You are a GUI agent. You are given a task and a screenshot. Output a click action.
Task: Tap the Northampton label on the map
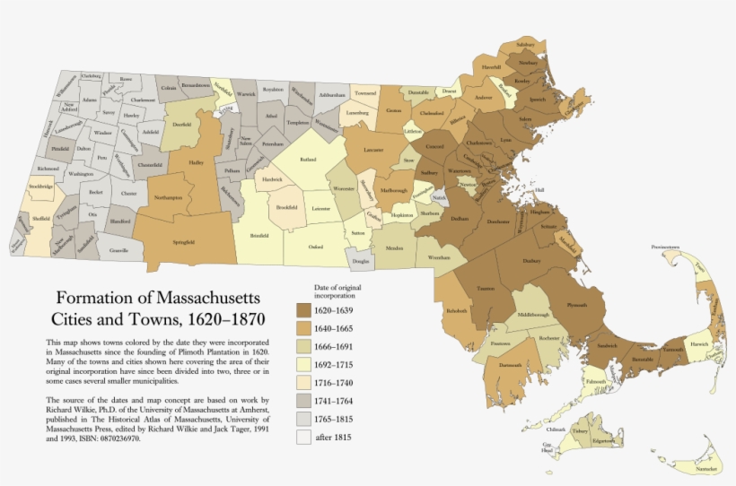tap(168, 196)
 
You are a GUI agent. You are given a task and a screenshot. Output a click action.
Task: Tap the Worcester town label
tap(344, 190)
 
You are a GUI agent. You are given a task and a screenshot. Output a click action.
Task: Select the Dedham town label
tap(460, 218)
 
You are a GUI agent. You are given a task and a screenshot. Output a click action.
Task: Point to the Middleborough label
tap(533, 316)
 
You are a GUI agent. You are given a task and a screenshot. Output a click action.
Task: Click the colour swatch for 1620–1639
tap(305, 310)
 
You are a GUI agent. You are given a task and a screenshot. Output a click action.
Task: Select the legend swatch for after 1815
tap(305, 437)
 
